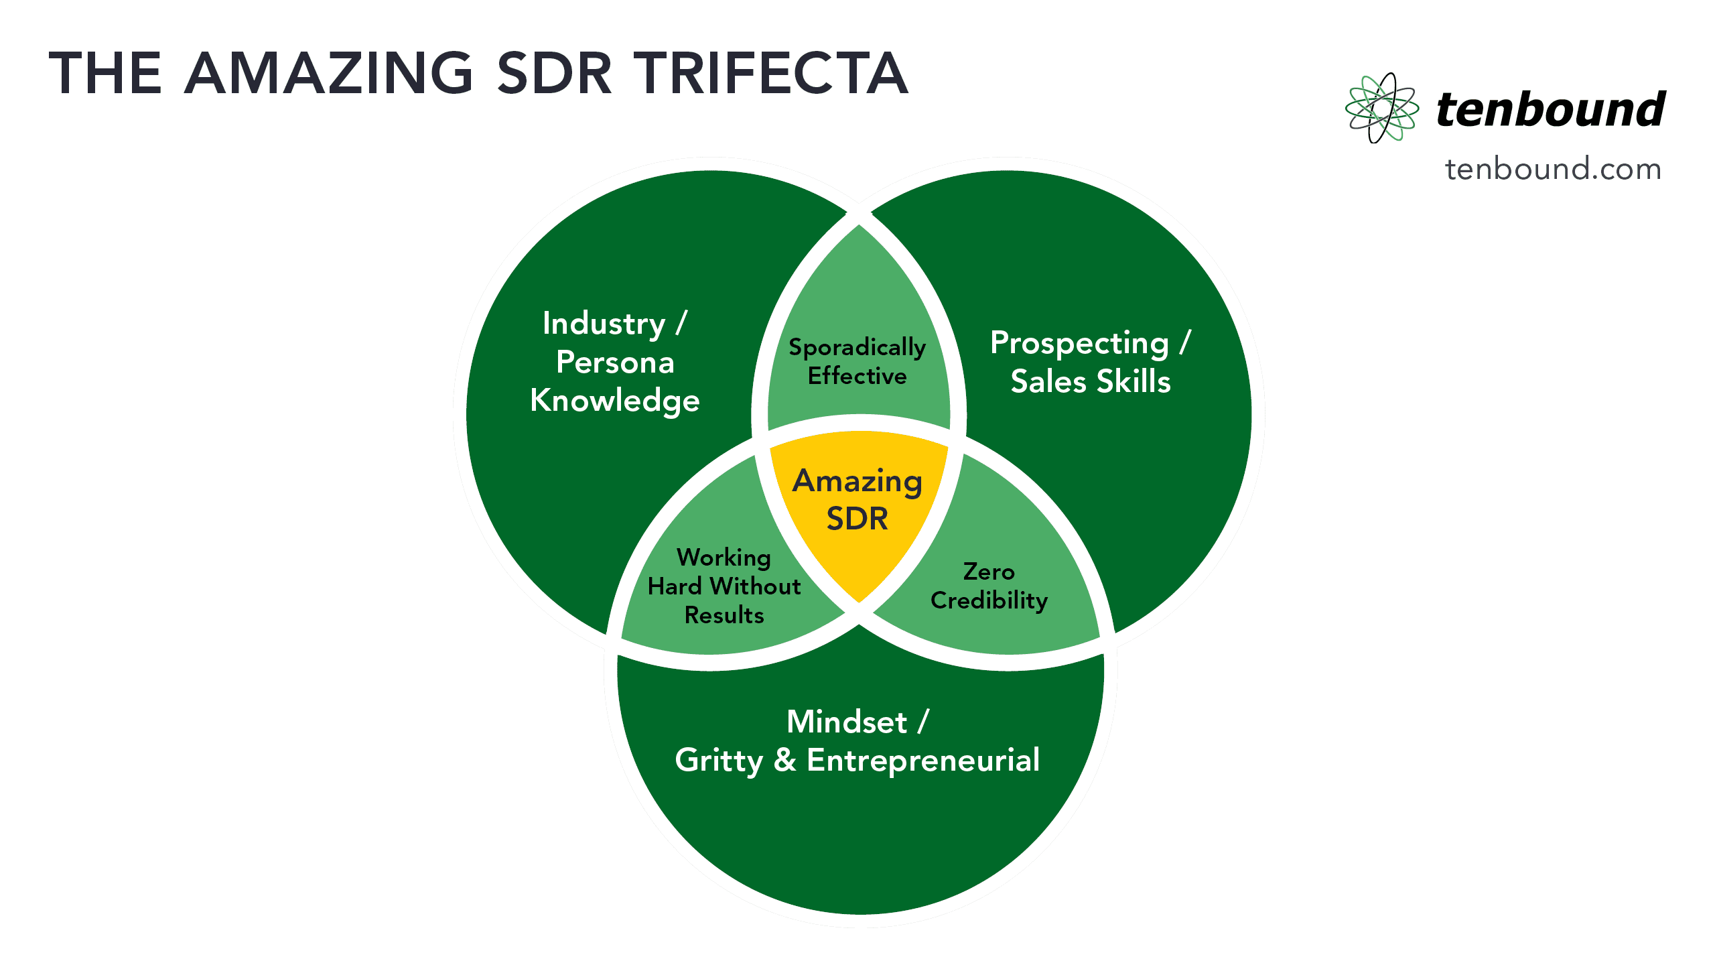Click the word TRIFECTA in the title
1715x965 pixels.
[x=770, y=74]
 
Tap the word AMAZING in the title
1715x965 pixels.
[x=329, y=74]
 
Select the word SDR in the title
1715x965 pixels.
[x=554, y=74]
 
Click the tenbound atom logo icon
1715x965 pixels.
[x=1381, y=108]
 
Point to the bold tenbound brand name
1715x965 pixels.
[x=1551, y=109]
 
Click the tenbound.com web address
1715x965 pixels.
[x=1553, y=169]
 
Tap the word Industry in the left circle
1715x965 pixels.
[x=604, y=324]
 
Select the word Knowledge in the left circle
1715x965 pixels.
[x=615, y=401]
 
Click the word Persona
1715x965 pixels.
[x=615, y=363]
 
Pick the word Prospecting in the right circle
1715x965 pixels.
[x=1079, y=344]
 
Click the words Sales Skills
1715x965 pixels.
[x=1091, y=381]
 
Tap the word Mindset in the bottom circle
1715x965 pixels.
[x=847, y=722]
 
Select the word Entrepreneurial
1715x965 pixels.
[x=923, y=760]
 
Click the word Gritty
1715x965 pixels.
[x=719, y=761]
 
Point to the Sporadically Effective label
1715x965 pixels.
[x=857, y=361]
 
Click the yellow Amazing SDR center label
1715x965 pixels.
[x=857, y=500]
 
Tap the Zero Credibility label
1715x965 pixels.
[x=989, y=586]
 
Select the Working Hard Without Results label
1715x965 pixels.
[x=724, y=586]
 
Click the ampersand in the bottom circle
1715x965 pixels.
[x=785, y=760]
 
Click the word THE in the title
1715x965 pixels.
[x=105, y=74]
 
